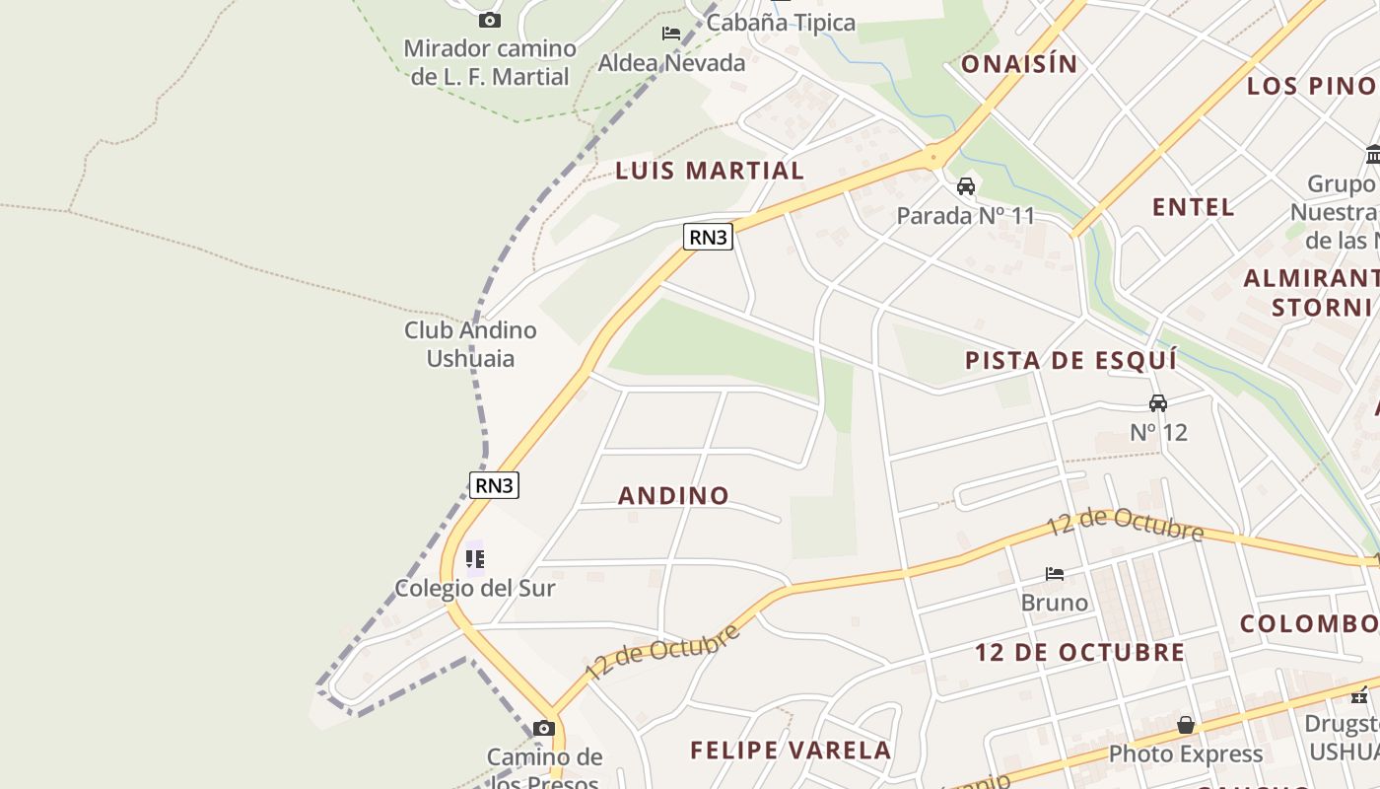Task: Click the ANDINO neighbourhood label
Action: click(x=673, y=495)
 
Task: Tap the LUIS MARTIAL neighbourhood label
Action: click(x=710, y=171)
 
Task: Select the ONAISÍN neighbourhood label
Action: click(x=1019, y=64)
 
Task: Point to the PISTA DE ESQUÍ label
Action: click(x=1071, y=360)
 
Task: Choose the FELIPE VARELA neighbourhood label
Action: click(x=791, y=751)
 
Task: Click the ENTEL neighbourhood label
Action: click(x=1194, y=207)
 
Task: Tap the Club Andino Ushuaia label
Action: click(x=470, y=343)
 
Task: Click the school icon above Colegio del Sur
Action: click(x=475, y=559)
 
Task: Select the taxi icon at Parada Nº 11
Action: click(x=966, y=186)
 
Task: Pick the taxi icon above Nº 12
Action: click(x=1158, y=403)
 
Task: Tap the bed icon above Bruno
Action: click(x=1055, y=573)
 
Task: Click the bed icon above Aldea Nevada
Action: click(x=671, y=34)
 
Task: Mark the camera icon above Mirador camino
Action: click(x=490, y=20)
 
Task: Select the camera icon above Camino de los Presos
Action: click(x=543, y=729)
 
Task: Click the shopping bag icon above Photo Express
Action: click(x=1186, y=726)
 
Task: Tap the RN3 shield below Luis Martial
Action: click(x=709, y=237)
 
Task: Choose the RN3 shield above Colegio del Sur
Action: click(x=494, y=485)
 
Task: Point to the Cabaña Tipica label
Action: click(x=782, y=22)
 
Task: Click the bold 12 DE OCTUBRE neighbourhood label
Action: click(x=1080, y=652)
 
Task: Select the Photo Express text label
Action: click(x=1186, y=754)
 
